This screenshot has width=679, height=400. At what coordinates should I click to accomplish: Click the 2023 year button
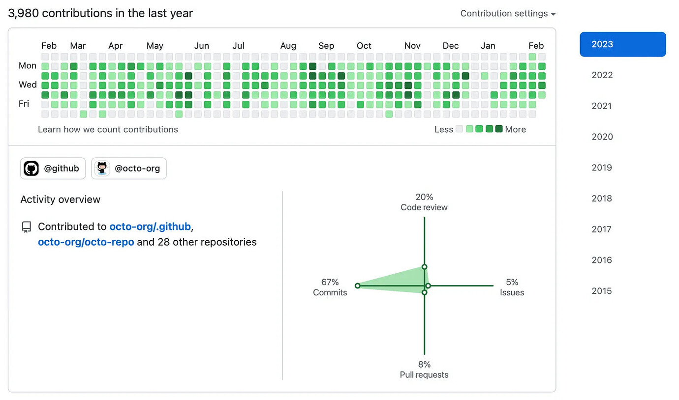pos(622,44)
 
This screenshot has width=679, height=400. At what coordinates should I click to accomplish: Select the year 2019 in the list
pos(602,168)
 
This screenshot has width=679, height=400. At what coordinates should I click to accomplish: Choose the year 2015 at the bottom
pos(602,291)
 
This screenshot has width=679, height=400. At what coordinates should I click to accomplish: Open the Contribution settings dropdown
pos(508,14)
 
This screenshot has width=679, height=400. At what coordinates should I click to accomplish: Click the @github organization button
pos(53,169)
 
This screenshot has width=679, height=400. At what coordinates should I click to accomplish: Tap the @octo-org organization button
pos(129,169)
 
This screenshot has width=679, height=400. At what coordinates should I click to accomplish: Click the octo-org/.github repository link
pos(150,227)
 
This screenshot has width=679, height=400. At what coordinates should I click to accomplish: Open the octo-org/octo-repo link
pos(86,242)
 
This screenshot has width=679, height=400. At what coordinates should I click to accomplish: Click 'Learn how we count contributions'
pos(108,129)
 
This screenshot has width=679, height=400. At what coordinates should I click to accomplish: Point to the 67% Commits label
pos(330,287)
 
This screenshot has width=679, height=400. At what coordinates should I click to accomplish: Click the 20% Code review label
pos(424,202)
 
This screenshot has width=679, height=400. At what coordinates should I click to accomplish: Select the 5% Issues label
pos(512,287)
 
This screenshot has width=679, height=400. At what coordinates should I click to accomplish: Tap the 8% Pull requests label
pos(424,370)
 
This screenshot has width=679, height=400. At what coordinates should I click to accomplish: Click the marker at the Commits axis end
pos(358,286)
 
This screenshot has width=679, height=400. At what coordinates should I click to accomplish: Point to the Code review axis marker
pos(424,267)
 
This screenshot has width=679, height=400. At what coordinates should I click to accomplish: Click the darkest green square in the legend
pos(499,129)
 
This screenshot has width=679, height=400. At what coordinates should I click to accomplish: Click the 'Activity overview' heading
pos(61,200)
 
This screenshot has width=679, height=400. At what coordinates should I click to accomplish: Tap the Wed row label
pos(28,85)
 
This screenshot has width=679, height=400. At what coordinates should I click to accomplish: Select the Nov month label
pos(412,46)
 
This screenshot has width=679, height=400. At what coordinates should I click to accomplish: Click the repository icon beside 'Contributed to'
pos(26,227)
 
